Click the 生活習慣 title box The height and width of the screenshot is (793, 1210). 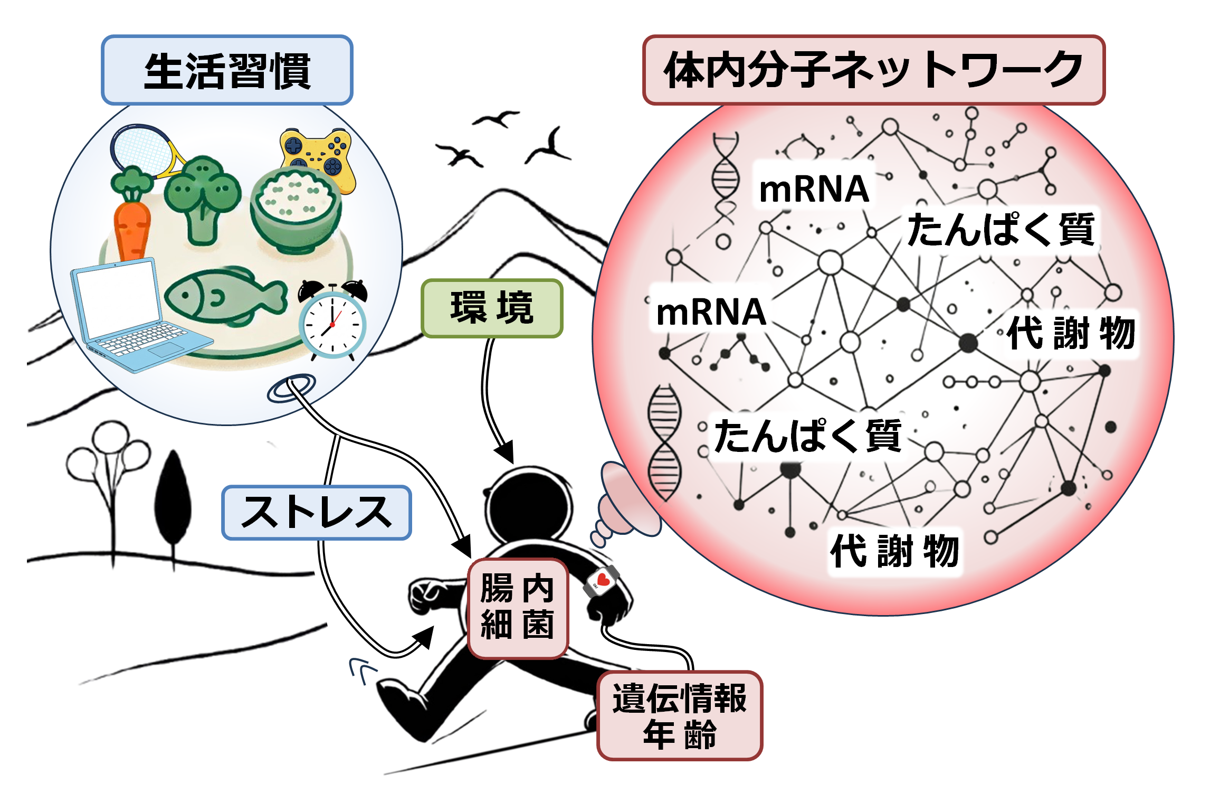(x=227, y=70)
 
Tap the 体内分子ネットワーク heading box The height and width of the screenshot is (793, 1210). (x=873, y=70)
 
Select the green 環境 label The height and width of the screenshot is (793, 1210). (x=492, y=308)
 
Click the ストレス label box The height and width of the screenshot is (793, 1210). (x=316, y=513)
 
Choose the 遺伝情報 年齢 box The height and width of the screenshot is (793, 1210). (x=680, y=715)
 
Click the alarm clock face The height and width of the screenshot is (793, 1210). (x=332, y=325)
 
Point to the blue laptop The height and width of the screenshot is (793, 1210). (x=132, y=317)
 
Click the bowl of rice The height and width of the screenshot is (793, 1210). (x=296, y=209)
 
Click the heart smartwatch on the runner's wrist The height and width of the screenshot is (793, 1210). (x=602, y=581)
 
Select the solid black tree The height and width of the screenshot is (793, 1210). (x=173, y=502)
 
